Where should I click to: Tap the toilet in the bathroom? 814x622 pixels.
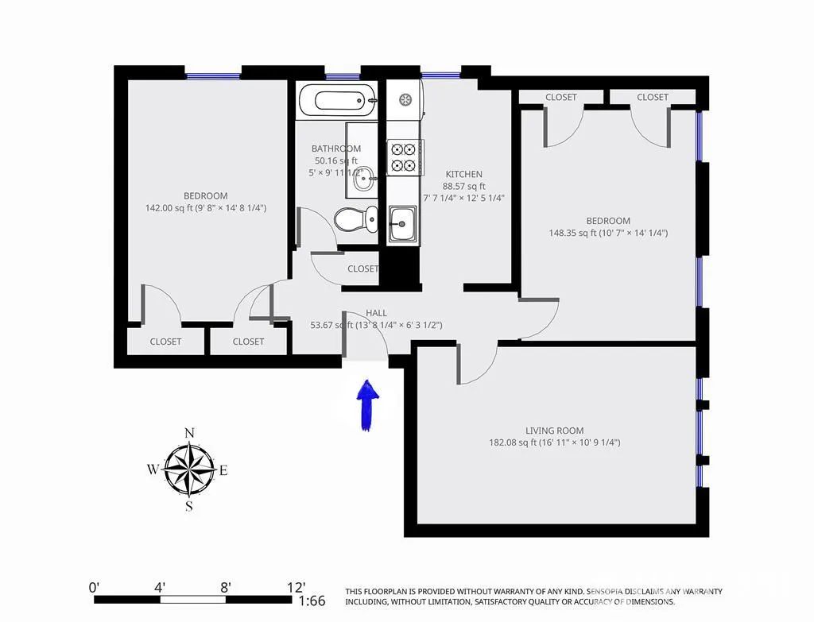coord(357,218)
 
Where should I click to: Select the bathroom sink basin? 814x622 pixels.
coord(365,179)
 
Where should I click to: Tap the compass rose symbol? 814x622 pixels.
coord(189,469)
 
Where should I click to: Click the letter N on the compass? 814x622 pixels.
coord(189,433)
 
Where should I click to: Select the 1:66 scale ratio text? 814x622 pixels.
coord(312,601)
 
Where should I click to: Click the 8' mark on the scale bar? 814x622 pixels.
coord(226,588)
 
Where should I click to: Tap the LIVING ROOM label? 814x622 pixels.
coord(554,431)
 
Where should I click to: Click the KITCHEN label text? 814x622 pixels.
coord(463,174)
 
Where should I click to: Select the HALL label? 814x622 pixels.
coord(377,313)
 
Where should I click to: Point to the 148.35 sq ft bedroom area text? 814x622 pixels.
coord(608,233)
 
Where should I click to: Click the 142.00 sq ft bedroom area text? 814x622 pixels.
coord(205,208)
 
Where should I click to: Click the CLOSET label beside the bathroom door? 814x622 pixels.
coord(363,269)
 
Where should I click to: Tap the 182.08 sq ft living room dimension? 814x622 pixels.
coord(554,442)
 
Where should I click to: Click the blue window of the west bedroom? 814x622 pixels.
coord(213,76)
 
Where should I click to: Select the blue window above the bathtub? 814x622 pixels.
coord(343,77)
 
